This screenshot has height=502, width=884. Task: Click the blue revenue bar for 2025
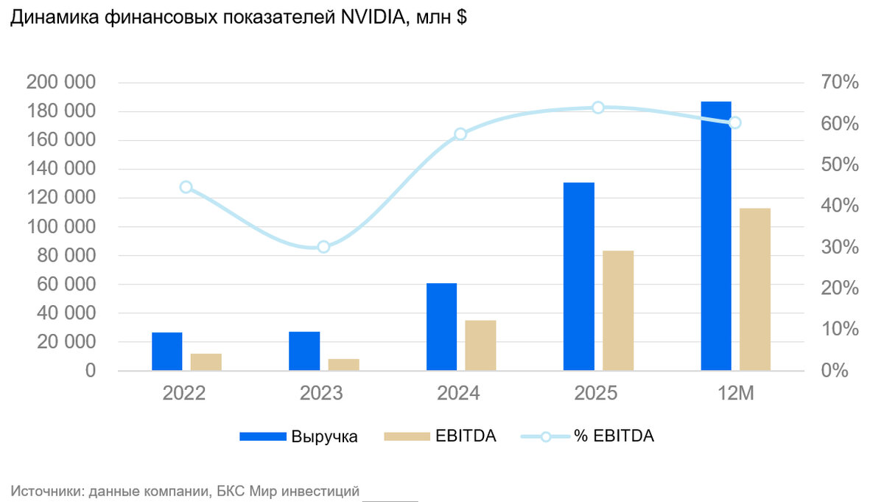tap(578, 276)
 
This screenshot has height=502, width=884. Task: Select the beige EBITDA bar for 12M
tap(754, 289)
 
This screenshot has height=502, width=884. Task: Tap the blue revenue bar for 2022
tap(166, 352)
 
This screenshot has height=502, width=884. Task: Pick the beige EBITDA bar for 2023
tap(343, 364)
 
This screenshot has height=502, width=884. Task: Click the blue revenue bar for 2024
tap(441, 327)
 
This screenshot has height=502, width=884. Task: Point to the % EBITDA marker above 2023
tap(323, 247)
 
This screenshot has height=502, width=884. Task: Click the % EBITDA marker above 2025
tap(598, 108)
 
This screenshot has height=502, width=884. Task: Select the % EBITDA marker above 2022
tap(186, 187)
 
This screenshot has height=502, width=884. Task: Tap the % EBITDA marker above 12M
tap(734, 122)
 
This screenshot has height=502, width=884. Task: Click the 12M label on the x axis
tap(735, 394)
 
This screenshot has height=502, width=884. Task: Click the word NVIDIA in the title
tap(375, 19)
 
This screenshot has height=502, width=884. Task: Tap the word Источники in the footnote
tap(46, 490)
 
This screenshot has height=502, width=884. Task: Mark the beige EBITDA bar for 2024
tap(480, 345)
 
